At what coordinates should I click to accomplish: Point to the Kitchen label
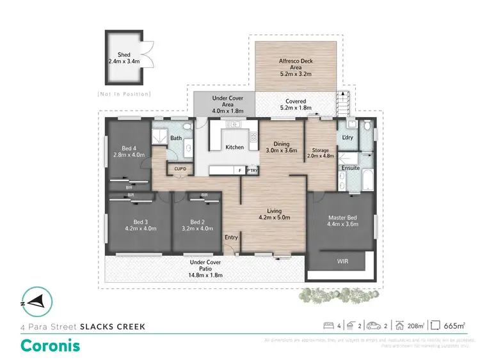pos(235,147)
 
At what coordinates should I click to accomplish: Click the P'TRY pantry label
pos(252,171)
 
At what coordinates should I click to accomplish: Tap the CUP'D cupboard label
pos(180,169)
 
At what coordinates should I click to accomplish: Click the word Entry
pos(231,237)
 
